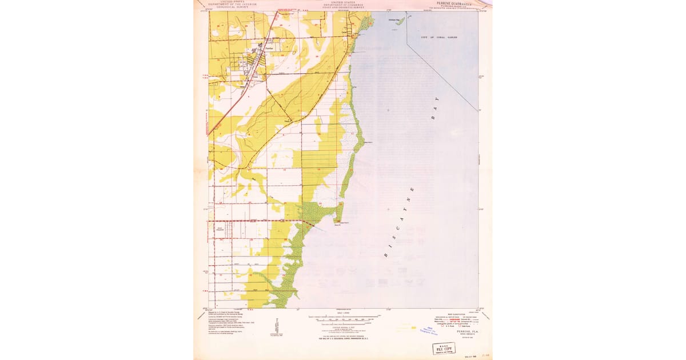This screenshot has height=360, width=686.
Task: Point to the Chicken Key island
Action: pyautogui.click(x=399, y=22)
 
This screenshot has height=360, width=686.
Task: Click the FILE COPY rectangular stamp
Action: pyautogui.click(x=444, y=348)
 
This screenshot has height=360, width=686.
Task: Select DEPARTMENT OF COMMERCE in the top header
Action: pyautogui.click(x=342, y=5)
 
